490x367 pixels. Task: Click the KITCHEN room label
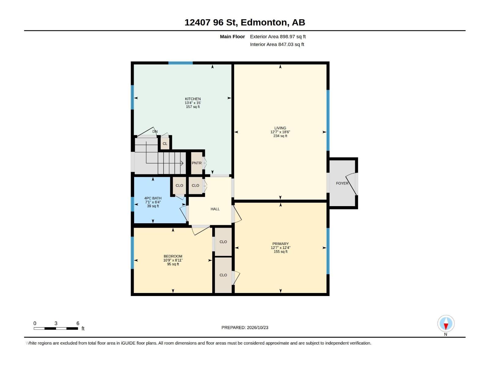tap(193, 99)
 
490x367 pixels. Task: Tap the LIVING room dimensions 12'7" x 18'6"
tap(280, 132)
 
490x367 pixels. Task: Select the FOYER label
tap(342, 183)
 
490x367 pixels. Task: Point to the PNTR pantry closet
tap(197, 163)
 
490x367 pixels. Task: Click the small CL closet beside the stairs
tap(165, 143)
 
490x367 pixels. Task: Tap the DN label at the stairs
tap(155, 132)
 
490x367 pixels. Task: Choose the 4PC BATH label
tap(153, 198)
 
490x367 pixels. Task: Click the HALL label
tap(215, 209)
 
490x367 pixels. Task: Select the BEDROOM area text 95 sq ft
tap(173, 264)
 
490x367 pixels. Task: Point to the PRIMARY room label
tap(281, 243)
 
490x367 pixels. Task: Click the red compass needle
tap(446, 326)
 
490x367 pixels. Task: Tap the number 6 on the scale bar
tap(78, 323)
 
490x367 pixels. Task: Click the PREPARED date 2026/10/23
tap(257, 327)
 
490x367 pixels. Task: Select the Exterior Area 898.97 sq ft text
tap(278, 36)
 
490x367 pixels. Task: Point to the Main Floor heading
tap(232, 36)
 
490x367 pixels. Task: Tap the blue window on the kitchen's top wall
tap(180, 63)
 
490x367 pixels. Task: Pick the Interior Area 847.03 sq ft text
tap(277, 44)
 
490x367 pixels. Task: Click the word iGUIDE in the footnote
tap(128, 343)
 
